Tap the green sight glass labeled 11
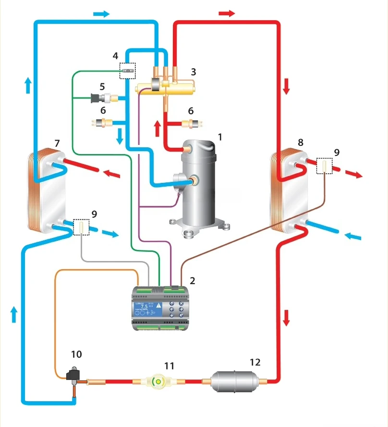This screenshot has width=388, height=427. (x=157, y=382)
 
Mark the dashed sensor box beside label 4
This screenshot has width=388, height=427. (x=127, y=70)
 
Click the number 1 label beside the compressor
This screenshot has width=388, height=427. (x=220, y=137)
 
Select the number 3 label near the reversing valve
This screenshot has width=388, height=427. (x=193, y=72)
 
